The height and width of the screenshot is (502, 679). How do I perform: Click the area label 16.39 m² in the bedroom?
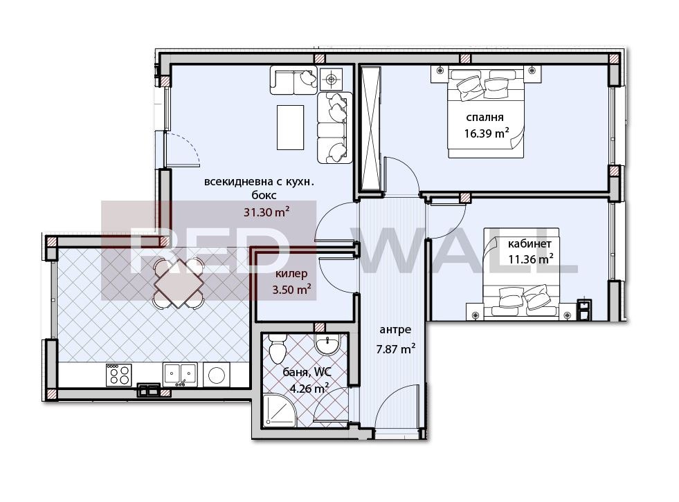point(487,133)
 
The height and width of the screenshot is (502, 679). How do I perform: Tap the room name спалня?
point(485,118)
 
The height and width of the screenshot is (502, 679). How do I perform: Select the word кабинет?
point(529,243)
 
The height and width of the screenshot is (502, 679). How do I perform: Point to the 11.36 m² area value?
point(530,259)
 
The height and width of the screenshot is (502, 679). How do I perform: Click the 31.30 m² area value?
point(266,212)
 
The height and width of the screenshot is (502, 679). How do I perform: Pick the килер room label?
point(291,274)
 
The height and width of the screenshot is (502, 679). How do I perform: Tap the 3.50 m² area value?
point(291,289)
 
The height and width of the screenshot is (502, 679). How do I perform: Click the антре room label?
point(395,330)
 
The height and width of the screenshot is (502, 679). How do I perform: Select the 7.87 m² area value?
point(396,348)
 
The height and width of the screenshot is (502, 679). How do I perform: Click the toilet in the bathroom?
point(277,348)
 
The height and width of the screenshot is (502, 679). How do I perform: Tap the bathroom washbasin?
point(329,345)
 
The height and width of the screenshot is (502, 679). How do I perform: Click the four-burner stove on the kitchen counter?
point(118,375)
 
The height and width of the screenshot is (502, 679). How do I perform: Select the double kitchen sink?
point(180,374)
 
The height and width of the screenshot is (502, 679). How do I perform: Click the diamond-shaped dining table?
point(179,283)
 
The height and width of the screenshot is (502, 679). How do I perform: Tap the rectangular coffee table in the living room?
point(290,127)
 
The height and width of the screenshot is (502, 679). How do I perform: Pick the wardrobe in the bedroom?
point(371,129)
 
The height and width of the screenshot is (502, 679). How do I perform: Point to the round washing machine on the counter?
point(217,375)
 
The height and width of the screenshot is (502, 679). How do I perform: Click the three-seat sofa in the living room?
point(334,128)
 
